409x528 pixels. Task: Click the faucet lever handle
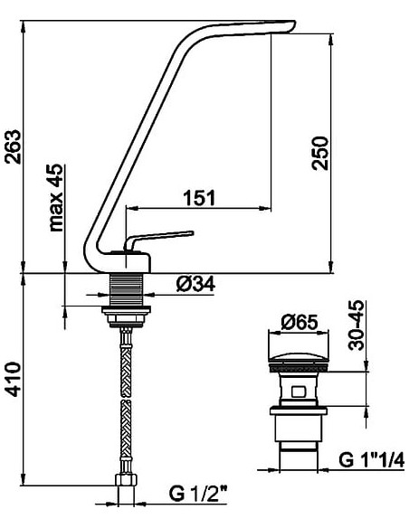163,238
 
